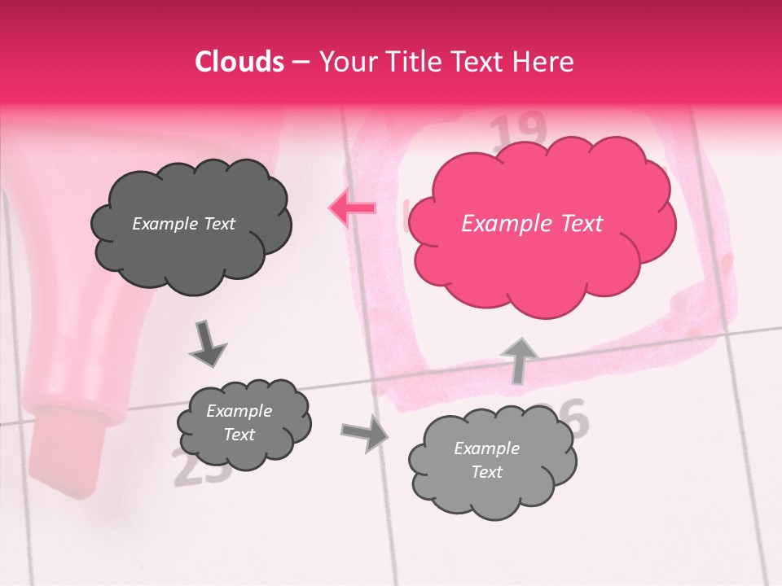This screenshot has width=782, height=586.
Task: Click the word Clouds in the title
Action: coord(239,62)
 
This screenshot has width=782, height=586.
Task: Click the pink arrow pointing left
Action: coord(352,208)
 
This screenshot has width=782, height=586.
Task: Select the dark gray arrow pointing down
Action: coord(208,343)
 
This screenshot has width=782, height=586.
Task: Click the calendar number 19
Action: coord(520,129)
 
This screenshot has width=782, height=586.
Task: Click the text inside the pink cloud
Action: coord(532,224)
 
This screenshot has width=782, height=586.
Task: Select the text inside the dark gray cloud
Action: coord(183,224)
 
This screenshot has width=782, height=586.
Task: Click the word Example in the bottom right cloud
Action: coord(486,448)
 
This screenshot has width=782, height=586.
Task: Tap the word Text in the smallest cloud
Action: coord(239,435)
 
